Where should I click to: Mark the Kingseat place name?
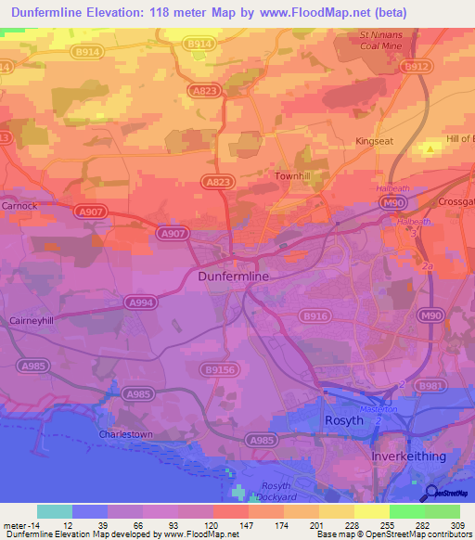375,141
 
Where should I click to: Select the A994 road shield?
141,302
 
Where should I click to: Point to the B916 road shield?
313,316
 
